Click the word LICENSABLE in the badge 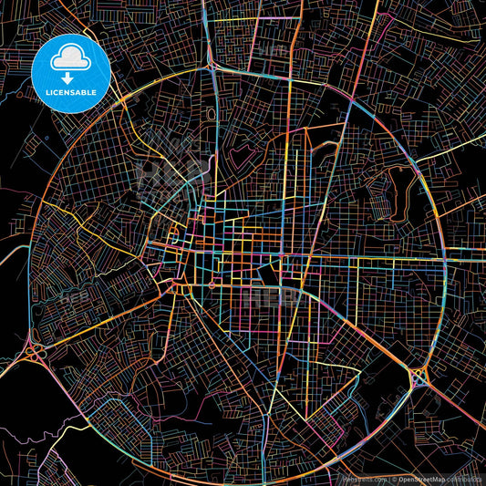[x=71, y=92]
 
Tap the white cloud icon [x=70, y=59]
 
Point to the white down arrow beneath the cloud [x=70, y=77]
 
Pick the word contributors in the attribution [x=466, y=479]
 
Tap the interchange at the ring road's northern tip [x=212, y=67]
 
